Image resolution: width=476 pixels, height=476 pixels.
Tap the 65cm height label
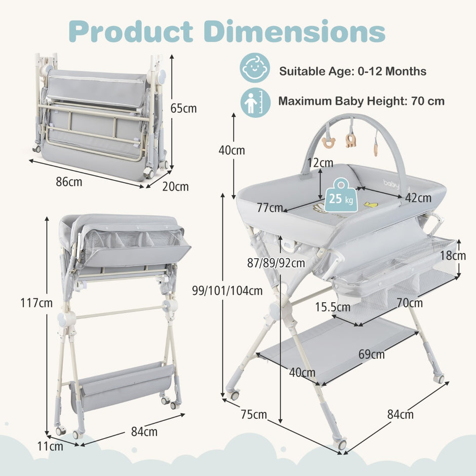coord(183,108)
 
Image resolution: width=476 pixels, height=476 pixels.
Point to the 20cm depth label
coord(176,186)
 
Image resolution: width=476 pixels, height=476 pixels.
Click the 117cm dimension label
coord(36,303)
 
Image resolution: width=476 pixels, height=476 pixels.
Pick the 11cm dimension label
coord(50,446)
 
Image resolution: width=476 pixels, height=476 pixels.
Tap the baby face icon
coord(255,68)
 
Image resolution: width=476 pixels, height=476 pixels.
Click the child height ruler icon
coord(255,102)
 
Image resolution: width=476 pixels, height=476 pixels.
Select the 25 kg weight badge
coord(341,195)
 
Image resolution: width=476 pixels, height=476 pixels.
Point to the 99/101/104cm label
coord(227,291)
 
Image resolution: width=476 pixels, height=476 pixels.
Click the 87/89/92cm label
coord(276,263)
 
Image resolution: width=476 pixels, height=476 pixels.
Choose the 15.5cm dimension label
coord(332,307)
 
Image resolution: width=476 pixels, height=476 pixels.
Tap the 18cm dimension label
coord(453,256)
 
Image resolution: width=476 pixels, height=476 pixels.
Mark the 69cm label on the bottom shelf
coord(372,354)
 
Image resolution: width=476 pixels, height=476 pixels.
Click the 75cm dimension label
coord(254,414)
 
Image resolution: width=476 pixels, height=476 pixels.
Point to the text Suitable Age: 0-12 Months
coord(353,71)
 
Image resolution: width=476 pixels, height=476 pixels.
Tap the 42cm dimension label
coord(418,198)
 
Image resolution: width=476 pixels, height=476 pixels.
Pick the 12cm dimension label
coord(320,163)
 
